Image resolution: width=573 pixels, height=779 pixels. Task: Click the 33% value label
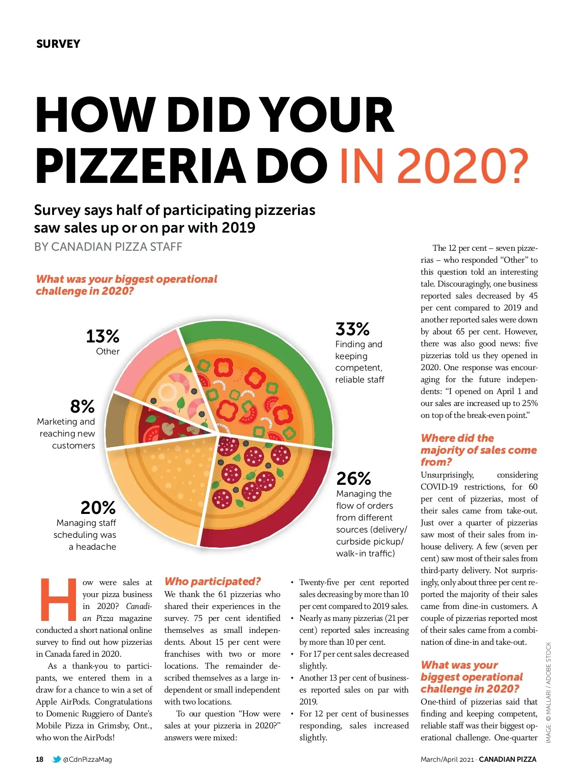tap(352, 329)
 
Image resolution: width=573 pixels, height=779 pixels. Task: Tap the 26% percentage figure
tap(353, 478)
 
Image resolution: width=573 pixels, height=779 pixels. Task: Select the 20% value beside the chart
tap(98, 507)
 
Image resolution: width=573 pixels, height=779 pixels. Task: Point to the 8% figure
tap(82, 406)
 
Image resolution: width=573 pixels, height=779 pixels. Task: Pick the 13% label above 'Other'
tap(102, 336)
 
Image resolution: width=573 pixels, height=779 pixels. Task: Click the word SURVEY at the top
tap(58, 44)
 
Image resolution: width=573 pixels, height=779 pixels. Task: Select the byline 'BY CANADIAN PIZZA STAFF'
tap(108, 247)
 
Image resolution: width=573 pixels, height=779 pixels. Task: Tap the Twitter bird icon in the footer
tap(56, 759)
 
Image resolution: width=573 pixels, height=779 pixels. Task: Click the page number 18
tap(40, 759)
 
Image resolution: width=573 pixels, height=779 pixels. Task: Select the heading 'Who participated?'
tap(212, 581)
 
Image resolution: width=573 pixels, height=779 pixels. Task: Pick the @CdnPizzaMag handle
tap(87, 759)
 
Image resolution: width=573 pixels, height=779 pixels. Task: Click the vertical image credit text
tap(548, 692)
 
